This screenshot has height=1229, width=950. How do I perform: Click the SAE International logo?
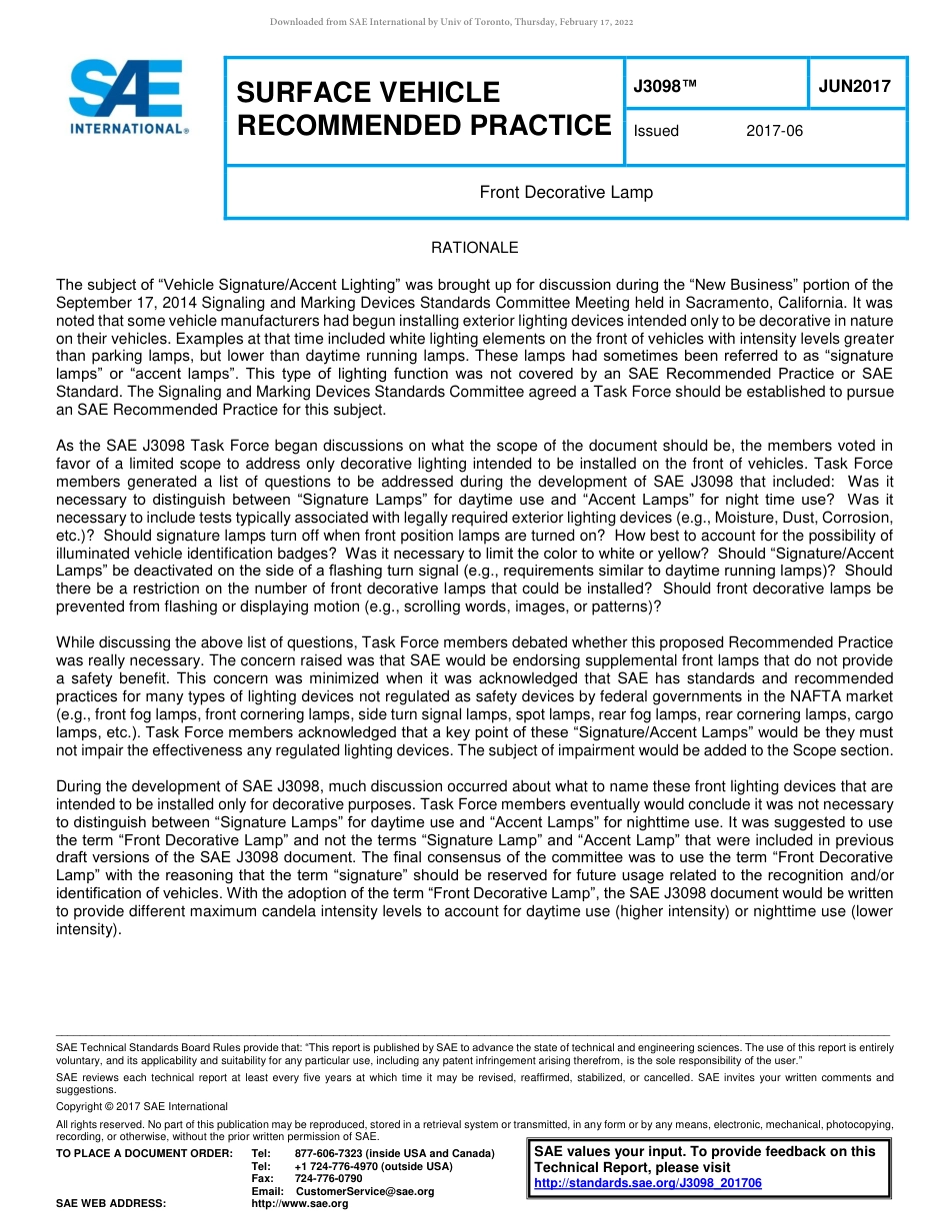click(128, 97)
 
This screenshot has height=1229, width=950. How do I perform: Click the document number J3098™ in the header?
click(665, 87)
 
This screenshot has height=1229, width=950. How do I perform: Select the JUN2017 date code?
click(854, 87)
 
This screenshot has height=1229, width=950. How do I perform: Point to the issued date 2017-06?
click(774, 131)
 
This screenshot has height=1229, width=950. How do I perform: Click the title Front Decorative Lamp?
click(566, 192)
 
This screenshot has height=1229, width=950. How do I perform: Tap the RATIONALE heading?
click(474, 248)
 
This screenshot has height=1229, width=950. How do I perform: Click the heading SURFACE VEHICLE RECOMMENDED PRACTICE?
click(423, 109)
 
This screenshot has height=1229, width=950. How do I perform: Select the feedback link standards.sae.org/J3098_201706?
click(648, 1183)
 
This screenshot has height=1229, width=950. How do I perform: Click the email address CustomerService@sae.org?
click(365, 1191)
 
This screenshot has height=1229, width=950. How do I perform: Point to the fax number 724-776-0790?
click(328, 1179)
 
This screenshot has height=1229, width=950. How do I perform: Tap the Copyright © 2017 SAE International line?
click(142, 1106)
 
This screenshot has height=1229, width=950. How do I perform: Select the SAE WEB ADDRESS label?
click(111, 1204)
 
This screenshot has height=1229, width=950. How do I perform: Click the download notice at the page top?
click(451, 22)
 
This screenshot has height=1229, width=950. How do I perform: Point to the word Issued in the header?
click(656, 131)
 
